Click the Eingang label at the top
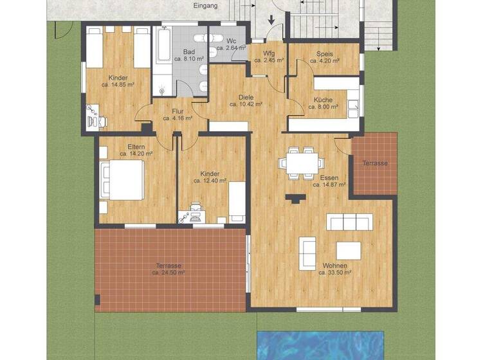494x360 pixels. (x=206, y=6)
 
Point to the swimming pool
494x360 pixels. (x=320, y=346)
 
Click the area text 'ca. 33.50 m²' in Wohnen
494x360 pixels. (x=336, y=273)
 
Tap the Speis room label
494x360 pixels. (x=324, y=54)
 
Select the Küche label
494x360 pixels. (x=323, y=100)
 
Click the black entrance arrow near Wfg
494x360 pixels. (x=271, y=21)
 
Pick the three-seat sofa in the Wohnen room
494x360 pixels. (x=349, y=222)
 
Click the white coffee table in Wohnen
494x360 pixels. (x=348, y=249)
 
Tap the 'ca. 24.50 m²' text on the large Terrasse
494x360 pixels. (x=169, y=273)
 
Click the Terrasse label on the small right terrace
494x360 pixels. (x=375, y=163)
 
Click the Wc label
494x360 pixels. (x=231, y=40)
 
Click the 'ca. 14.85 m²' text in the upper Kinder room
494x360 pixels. (x=118, y=84)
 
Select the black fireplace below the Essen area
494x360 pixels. (x=295, y=199)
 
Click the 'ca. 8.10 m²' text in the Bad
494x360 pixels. (x=189, y=58)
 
